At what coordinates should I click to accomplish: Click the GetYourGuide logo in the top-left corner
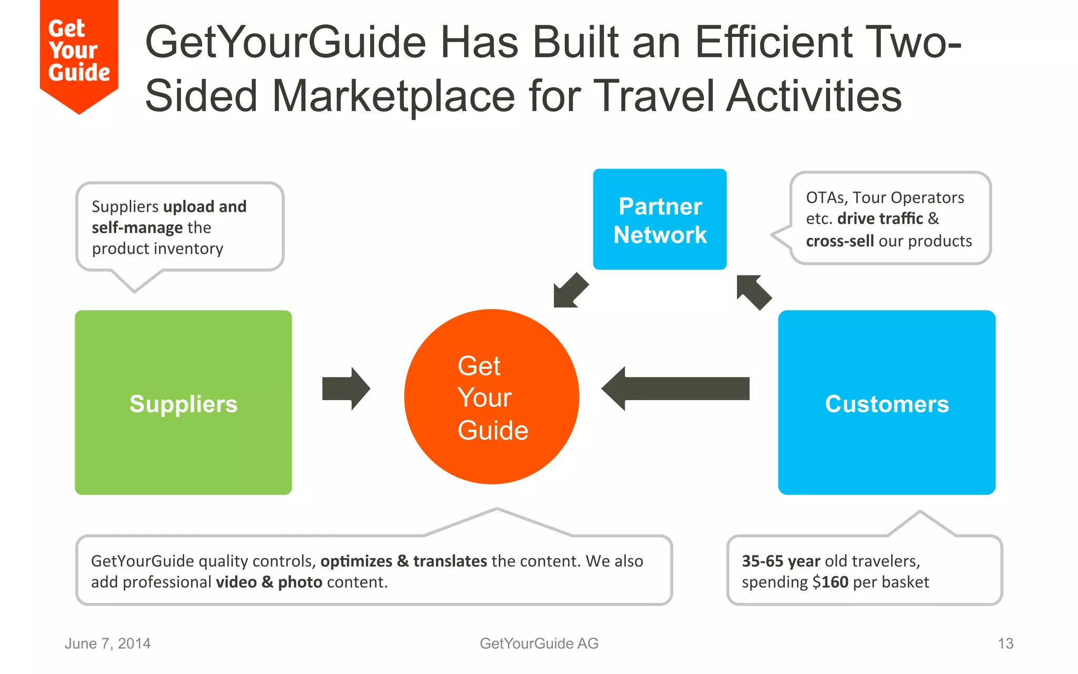coord(79,53)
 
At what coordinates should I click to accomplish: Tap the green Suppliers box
coord(183,403)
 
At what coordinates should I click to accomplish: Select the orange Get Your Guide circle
coord(492,397)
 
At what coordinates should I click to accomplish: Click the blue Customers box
coord(886,403)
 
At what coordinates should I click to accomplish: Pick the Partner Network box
coord(660,220)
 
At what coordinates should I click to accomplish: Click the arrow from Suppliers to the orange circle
coord(346,389)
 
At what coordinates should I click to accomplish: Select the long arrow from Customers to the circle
coord(676,389)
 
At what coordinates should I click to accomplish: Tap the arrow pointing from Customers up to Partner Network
coord(754,292)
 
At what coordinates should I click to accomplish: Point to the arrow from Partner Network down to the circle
coord(571,290)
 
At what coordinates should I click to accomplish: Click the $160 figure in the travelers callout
coord(830,582)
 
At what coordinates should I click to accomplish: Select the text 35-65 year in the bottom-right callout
coord(781,561)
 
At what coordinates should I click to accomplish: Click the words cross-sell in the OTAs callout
coord(840,241)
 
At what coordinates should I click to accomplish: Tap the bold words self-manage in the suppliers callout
coord(137,227)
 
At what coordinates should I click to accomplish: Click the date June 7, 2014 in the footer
coord(107,643)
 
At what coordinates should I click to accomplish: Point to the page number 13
coord(1005,643)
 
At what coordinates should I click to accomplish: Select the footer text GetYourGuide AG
coord(539,643)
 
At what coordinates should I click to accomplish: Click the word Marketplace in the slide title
coord(394,96)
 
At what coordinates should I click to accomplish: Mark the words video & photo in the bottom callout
coord(269,582)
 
